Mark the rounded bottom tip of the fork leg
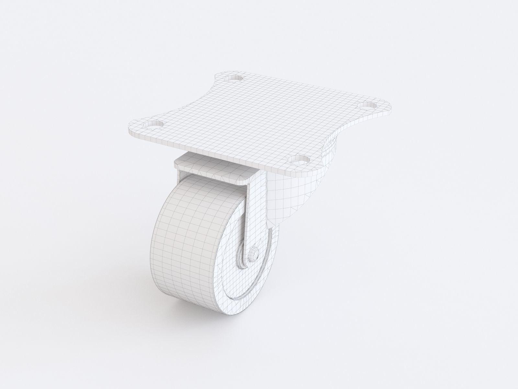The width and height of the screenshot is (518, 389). [249, 250]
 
